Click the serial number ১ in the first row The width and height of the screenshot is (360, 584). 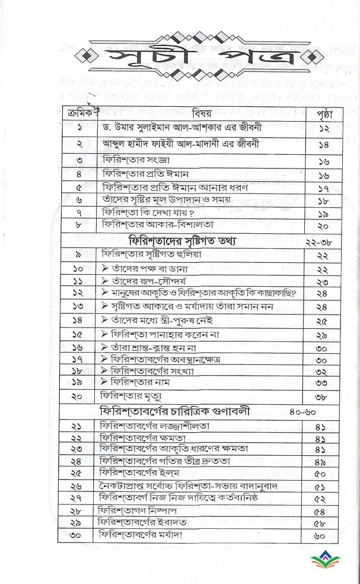pos(77,128)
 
